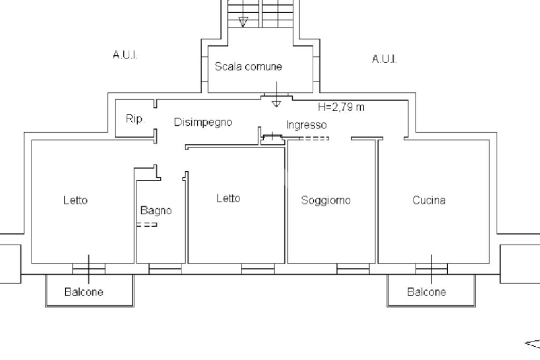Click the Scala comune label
click(248, 67)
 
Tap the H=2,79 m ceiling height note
click(341, 107)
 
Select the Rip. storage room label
click(135, 119)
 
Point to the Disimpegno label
click(203, 122)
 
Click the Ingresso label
click(306, 125)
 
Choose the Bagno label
click(156, 210)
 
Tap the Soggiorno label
click(325, 200)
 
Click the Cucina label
click(429, 200)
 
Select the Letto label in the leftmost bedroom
click(75, 200)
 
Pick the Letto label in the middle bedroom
click(228, 198)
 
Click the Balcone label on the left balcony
click(84, 291)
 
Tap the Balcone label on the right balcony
click(426, 291)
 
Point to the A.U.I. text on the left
click(126, 55)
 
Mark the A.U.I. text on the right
click(384, 59)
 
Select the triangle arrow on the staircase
click(243, 22)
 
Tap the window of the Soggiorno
click(353, 270)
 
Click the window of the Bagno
click(165, 270)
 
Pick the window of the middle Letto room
click(258, 270)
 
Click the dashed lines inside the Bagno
click(147, 225)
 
